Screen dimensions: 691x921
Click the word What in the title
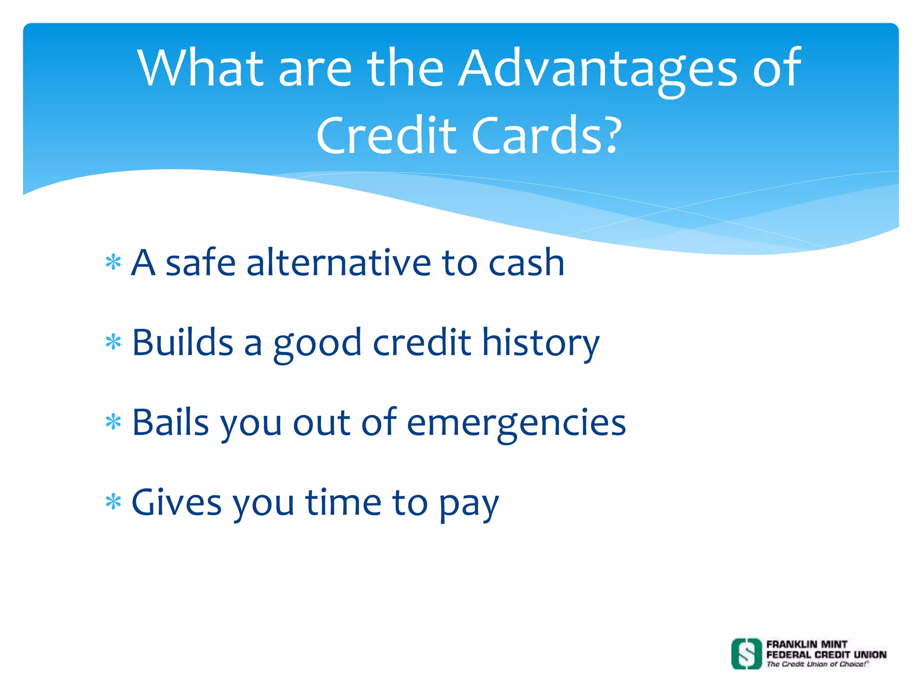click(200, 68)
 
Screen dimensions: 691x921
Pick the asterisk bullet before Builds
click(113, 342)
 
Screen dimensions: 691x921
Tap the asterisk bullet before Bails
click(113, 422)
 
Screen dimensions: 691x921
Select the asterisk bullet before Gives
click(113, 502)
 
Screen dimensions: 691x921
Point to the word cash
click(526, 264)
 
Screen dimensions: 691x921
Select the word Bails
click(170, 423)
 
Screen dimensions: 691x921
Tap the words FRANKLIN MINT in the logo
click(807, 644)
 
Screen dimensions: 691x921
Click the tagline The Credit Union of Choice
click(816, 664)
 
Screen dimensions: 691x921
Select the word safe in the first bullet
click(201, 263)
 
